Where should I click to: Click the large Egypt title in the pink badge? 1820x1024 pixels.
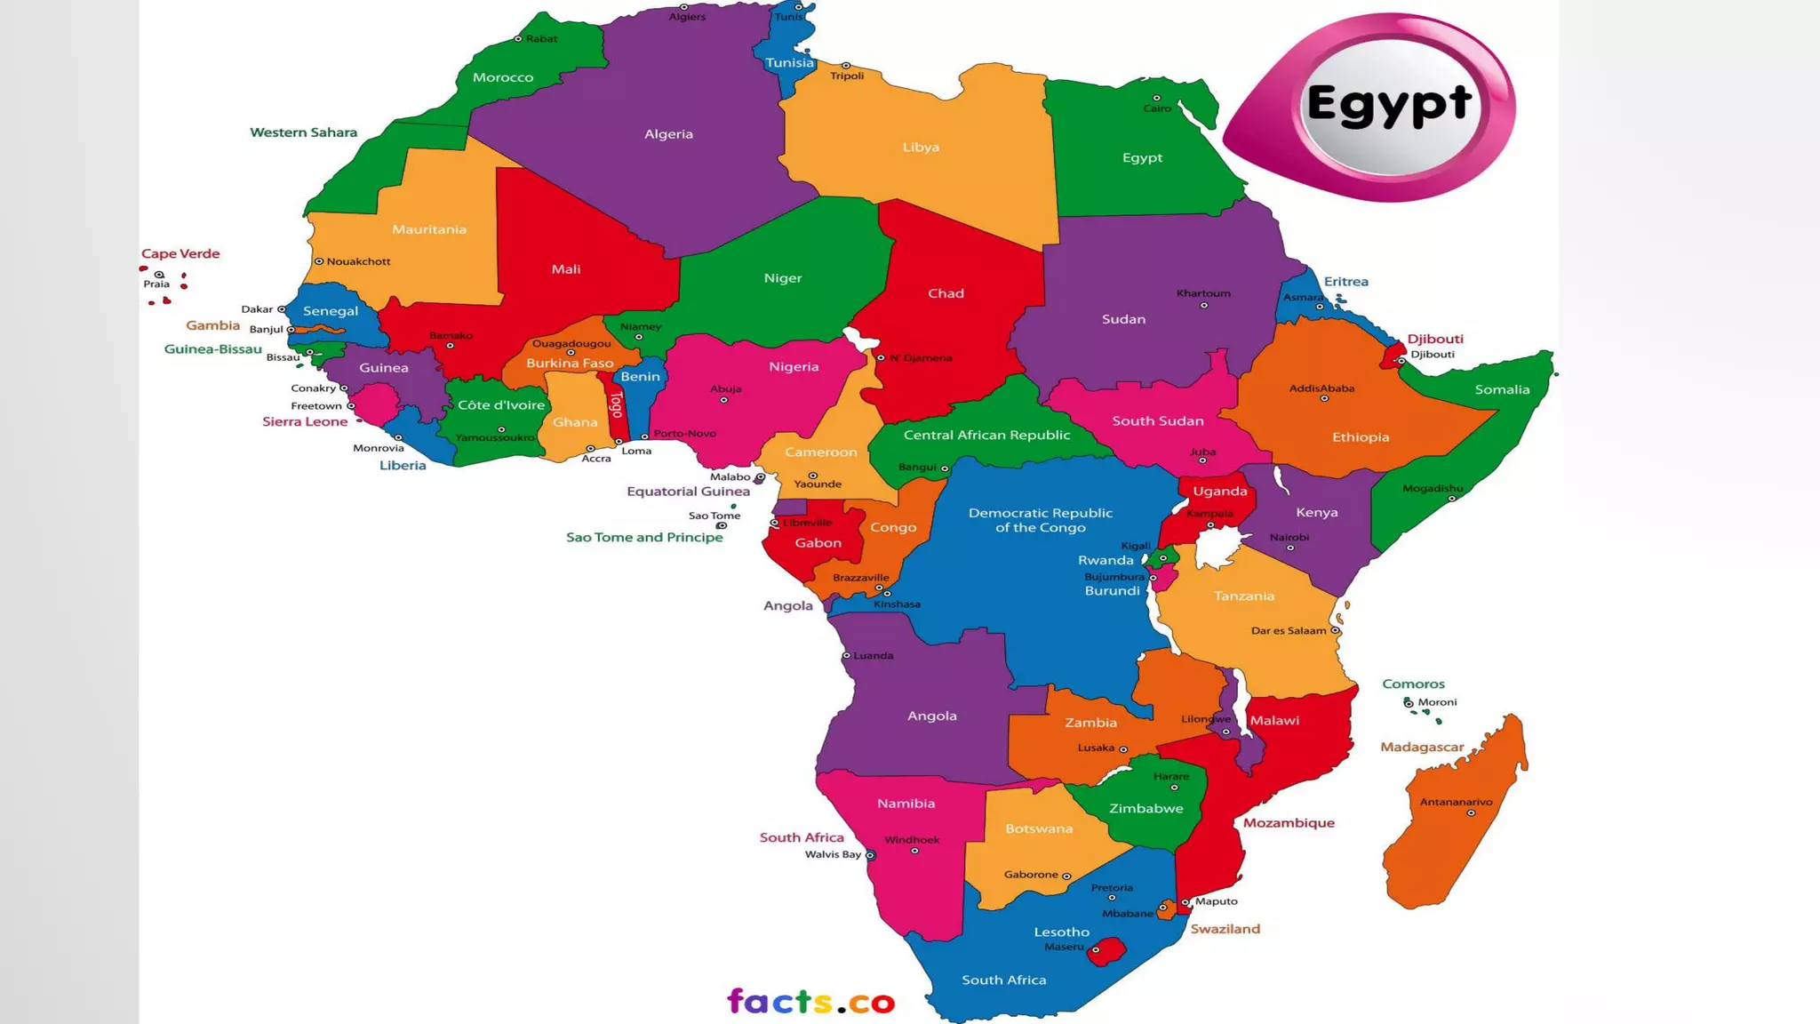point(1389,106)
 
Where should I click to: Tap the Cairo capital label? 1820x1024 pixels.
point(1157,108)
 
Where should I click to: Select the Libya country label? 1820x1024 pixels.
point(921,148)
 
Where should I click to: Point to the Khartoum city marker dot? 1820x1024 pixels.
point(1204,306)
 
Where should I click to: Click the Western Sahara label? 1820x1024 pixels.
point(303,132)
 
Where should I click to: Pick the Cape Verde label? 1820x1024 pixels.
point(180,253)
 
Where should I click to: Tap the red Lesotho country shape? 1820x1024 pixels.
point(1107,951)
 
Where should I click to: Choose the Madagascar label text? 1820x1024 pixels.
point(1422,748)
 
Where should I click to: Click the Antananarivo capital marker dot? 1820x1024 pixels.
point(1471,813)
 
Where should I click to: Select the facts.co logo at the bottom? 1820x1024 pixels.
point(810,1002)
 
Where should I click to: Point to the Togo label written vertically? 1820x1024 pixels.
point(616,404)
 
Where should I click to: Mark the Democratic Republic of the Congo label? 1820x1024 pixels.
point(1041,520)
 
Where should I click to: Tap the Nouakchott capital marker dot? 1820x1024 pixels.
point(319,261)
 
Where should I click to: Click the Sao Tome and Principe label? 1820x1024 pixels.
point(644,538)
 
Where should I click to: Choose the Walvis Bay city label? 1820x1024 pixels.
point(833,855)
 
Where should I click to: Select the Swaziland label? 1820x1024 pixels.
point(1225,929)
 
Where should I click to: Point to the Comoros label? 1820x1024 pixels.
point(1413,684)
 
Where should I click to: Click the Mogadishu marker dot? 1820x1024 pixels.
point(1452,499)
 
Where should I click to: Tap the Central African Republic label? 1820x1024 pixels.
point(986,436)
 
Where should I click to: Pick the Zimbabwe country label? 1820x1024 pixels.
point(1145,809)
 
